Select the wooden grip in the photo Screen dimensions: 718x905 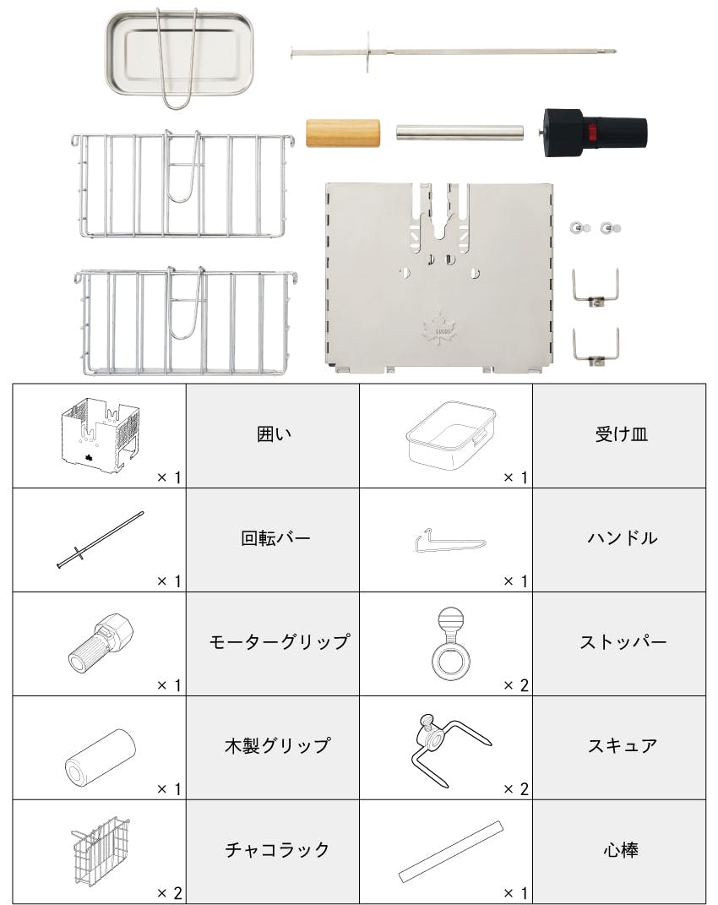(x=343, y=133)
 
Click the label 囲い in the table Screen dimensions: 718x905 (x=274, y=434)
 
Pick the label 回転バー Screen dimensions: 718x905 (x=275, y=538)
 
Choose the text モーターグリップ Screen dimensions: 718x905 (x=280, y=642)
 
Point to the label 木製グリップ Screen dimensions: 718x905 (x=278, y=745)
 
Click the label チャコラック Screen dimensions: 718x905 (x=277, y=849)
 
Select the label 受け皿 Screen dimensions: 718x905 (x=622, y=434)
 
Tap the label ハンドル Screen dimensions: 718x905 (x=623, y=538)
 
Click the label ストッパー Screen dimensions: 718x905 (x=623, y=642)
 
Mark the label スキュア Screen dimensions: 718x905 (x=623, y=745)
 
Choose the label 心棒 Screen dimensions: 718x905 (x=621, y=849)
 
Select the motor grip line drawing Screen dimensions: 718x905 (x=101, y=643)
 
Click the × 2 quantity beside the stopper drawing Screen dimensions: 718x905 (x=515, y=685)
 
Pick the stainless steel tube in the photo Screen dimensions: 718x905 (x=460, y=133)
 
